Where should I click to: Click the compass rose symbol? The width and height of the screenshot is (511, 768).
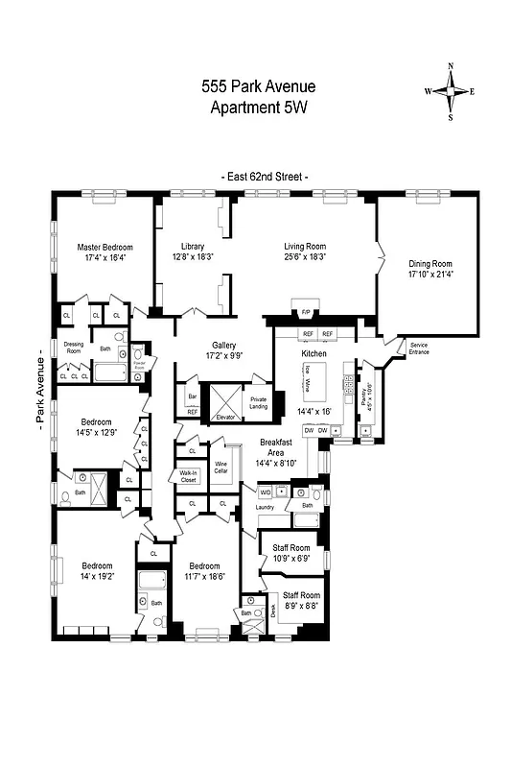[451, 91]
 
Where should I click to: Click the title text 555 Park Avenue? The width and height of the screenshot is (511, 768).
[258, 86]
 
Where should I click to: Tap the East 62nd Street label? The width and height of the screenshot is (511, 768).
[264, 178]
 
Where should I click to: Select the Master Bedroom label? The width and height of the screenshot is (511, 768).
[105, 248]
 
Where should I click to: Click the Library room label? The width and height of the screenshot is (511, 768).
[193, 246]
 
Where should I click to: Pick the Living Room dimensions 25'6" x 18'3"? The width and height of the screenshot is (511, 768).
[305, 257]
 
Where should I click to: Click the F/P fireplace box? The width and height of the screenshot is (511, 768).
[306, 313]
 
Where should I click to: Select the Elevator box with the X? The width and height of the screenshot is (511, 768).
[226, 401]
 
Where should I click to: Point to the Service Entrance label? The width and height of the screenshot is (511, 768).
[419, 348]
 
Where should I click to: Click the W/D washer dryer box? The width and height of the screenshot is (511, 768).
[266, 492]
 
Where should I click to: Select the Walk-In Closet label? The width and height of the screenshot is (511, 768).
[188, 475]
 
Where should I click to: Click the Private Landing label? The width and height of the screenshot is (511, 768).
[258, 402]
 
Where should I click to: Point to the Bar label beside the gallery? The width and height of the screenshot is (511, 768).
[192, 395]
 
